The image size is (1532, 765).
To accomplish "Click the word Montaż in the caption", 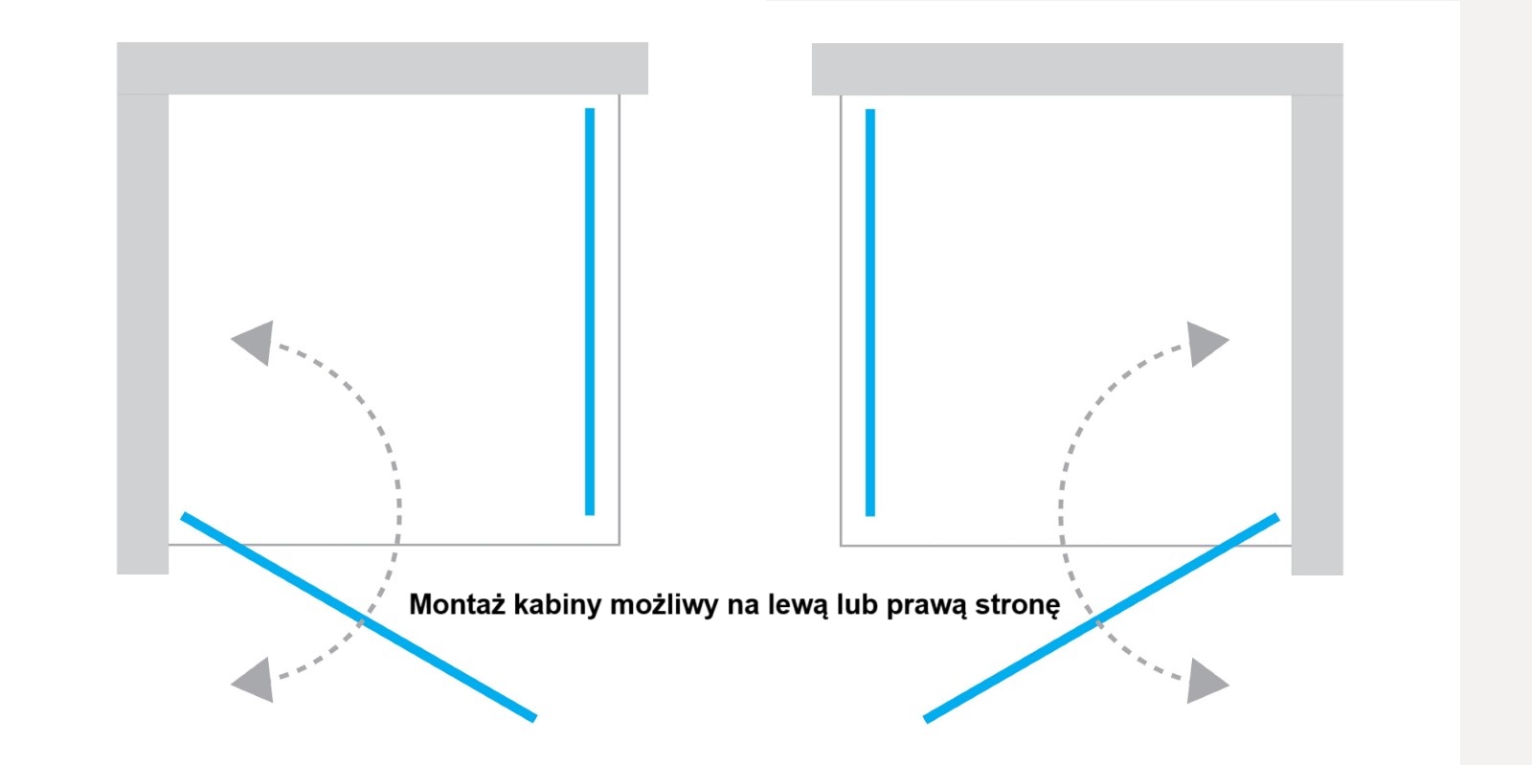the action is [457, 604].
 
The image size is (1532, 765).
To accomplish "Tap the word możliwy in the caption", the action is [664, 606].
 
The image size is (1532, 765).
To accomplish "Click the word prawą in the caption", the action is [926, 607].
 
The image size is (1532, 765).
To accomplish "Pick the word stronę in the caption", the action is [1018, 606].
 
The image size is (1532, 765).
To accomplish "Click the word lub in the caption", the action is [858, 604].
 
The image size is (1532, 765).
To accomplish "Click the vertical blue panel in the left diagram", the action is [590, 312].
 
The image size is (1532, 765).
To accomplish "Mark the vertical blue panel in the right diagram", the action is [870, 312].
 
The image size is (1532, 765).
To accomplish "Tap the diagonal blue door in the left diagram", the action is [358, 617].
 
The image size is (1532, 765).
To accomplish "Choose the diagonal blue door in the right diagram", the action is [1101, 618].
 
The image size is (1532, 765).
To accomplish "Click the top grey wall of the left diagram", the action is [382, 68].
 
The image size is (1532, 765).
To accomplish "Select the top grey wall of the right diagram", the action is [1077, 69].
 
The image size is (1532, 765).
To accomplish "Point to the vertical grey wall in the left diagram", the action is [143, 334].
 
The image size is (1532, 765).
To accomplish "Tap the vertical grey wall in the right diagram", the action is [1318, 335].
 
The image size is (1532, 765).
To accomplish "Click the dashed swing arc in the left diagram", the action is [398, 506].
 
